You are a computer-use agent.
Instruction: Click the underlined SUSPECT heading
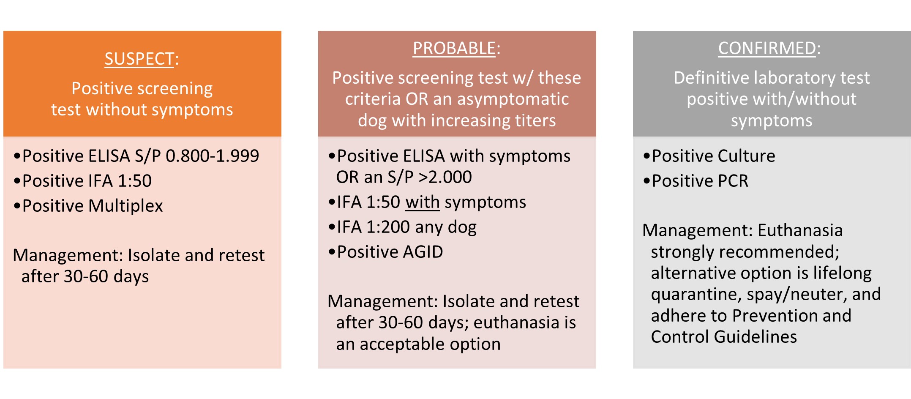139,59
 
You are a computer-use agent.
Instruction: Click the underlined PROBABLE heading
454,48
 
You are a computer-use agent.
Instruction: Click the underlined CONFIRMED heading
767,48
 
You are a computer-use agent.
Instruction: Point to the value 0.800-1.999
212,156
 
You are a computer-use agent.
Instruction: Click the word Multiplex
125,206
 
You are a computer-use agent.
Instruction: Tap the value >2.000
445,177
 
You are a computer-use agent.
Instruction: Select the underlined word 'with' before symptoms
423,202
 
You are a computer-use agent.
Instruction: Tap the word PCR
733,181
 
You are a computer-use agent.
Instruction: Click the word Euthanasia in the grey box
800,230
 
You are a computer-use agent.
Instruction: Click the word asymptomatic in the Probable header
513,99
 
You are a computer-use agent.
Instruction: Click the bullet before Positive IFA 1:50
17,181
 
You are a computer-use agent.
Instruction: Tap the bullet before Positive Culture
646,156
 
